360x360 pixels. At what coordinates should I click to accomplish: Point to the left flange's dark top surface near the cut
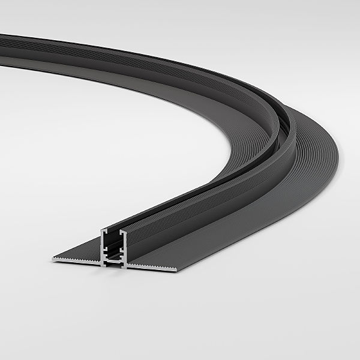[84, 248]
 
